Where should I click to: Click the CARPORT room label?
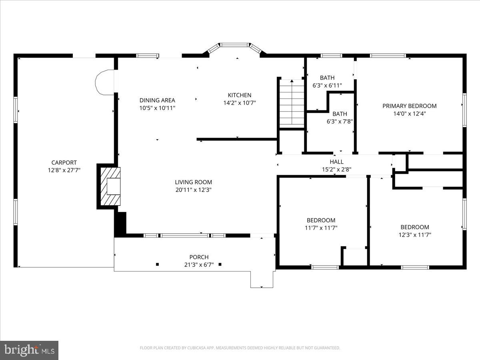click(64, 162)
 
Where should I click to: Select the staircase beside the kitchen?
click(292, 103)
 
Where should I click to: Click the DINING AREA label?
click(157, 100)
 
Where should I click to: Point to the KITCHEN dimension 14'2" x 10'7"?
click(240, 103)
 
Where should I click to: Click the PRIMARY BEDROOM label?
click(409, 106)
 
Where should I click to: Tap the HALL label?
click(336, 162)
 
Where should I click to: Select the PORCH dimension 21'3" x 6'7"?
click(199, 264)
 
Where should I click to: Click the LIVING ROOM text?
click(194, 182)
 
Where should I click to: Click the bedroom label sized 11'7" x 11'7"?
click(321, 220)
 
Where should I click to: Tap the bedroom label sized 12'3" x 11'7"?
click(414, 227)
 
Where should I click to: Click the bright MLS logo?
click(29, 350)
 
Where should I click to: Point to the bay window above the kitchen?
click(235, 46)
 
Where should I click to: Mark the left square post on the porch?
click(157, 264)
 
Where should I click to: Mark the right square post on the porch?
click(220, 264)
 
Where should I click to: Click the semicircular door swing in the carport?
click(104, 82)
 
